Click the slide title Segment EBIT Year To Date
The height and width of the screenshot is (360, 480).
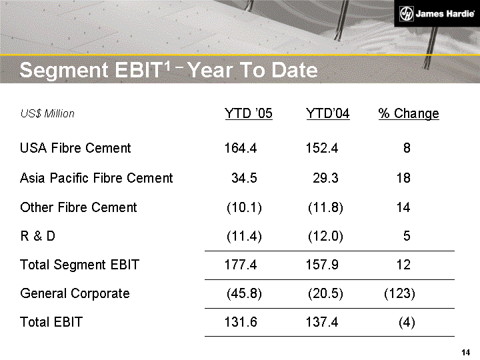169,69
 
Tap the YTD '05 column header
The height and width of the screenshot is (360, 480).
249,113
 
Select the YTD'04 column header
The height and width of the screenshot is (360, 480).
328,113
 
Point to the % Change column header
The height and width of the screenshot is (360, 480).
409,113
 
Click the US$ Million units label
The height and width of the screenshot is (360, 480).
47,114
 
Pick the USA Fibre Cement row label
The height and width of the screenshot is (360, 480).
75,148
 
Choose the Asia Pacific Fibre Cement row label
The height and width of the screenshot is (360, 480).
97,178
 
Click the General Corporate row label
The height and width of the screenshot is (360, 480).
75,293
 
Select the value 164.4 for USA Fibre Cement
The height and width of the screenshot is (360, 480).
241,148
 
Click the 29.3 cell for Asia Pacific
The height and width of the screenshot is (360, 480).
325,178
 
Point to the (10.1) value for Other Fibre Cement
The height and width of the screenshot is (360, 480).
244,207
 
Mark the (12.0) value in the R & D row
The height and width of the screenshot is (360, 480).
325,236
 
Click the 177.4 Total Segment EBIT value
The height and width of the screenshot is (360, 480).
241,265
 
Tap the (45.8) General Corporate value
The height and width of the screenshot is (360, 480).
244,293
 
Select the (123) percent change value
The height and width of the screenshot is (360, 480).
400,293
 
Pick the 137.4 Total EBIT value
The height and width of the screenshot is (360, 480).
322,323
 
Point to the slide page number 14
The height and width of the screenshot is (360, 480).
466,352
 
